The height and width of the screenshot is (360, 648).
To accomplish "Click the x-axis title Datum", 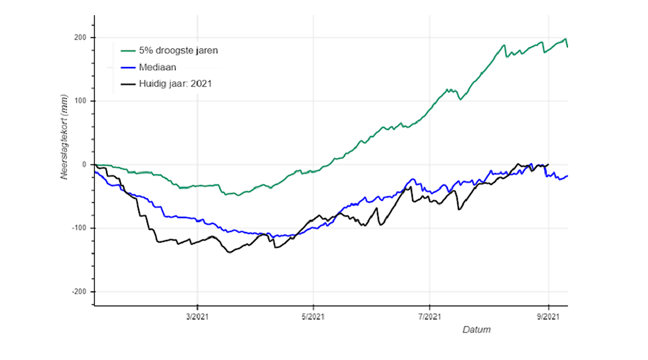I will point(476,330).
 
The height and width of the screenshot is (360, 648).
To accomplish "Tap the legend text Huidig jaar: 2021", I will point(176,84).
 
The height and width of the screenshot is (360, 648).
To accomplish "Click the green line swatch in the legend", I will point(129,50).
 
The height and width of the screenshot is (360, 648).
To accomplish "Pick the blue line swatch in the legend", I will point(129,67).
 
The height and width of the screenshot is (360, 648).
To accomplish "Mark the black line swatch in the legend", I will point(129,84).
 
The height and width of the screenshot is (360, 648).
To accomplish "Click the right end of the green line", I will point(567,46).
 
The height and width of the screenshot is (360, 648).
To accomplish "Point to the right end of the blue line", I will point(567,176).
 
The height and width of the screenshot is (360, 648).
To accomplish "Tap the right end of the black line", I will point(548,164).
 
